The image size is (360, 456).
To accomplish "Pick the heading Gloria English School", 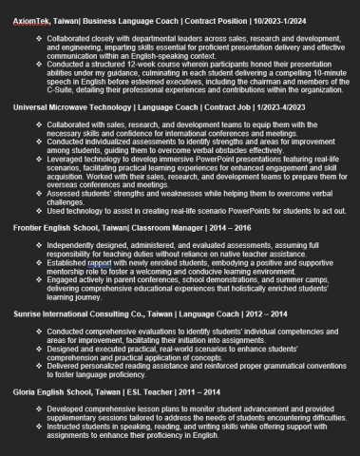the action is tap(60, 391).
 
